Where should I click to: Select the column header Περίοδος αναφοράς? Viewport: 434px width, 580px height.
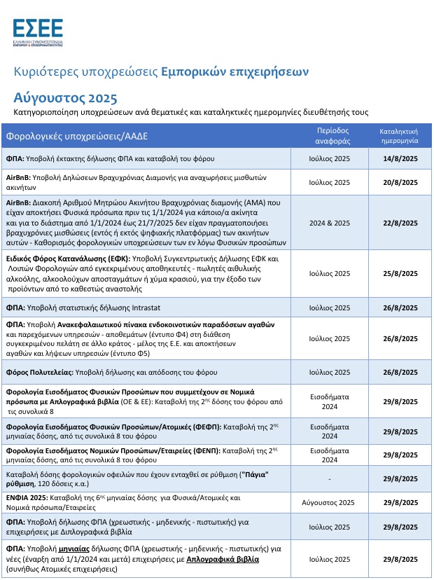(x=329, y=135)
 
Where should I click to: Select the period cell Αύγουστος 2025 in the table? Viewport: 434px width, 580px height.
(x=329, y=502)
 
